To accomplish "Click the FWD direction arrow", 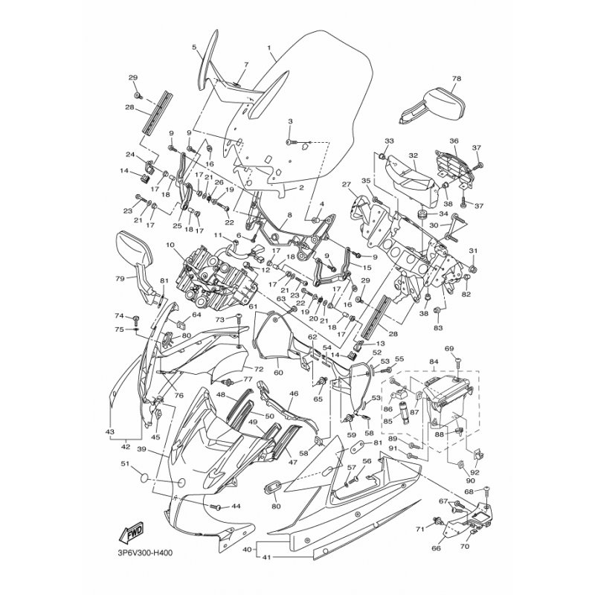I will [x=125, y=534].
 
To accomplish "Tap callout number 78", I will [x=456, y=78].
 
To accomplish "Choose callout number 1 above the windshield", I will [x=268, y=47].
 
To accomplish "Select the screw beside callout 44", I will [x=217, y=506].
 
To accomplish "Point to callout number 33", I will [x=387, y=141].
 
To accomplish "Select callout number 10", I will [x=170, y=244].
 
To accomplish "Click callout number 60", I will [x=277, y=373].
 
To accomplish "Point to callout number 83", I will [x=437, y=327].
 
